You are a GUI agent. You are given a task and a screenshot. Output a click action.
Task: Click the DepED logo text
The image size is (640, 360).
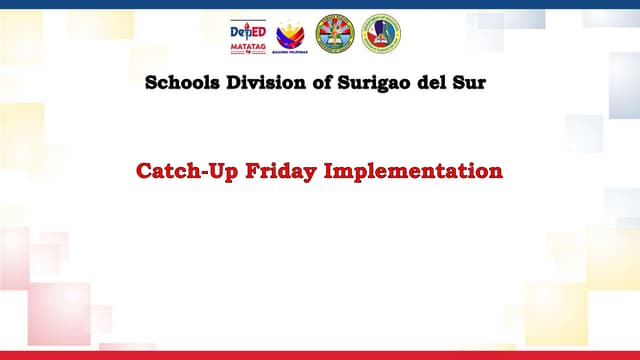point(248,30)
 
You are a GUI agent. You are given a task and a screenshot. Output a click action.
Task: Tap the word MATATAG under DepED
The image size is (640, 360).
point(248,47)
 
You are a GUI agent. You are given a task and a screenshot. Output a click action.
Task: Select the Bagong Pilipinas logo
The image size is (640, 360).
point(291,34)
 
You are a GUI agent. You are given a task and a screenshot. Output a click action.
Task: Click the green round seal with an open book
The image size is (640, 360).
point(335,34)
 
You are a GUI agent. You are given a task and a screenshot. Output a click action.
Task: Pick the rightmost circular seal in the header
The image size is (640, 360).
point(380,34)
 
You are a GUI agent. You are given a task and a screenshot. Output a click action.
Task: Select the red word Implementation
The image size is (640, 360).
point(412,172)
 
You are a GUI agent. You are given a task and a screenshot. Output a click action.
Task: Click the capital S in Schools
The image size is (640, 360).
point(152,83)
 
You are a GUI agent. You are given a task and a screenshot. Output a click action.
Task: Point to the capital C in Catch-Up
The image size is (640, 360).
point(143,172)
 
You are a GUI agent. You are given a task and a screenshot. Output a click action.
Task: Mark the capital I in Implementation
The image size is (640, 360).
point(329,172)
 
